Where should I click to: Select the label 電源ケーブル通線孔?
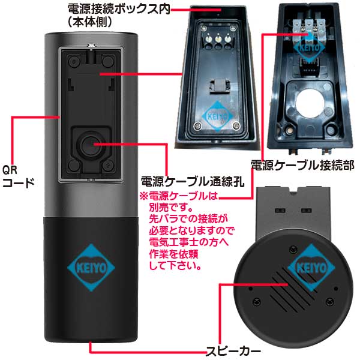tap(191, 182)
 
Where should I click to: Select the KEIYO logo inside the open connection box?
tap(214, 115)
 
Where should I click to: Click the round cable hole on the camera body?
tap(91, 145)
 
